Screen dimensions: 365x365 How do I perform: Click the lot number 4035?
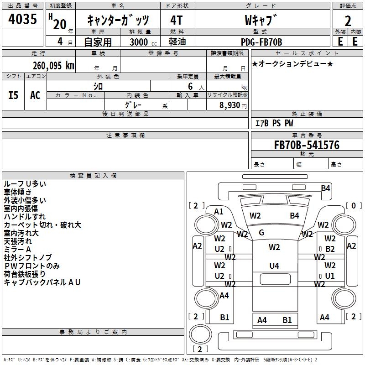[23, 19]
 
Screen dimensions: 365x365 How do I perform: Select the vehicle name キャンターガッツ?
[118, 20]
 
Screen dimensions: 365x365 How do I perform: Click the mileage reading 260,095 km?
[54, 65]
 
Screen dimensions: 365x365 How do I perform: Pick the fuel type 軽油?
[177, 42]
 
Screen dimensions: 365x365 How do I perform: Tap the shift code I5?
[13, 95]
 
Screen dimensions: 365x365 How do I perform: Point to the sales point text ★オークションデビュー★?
[292, 63]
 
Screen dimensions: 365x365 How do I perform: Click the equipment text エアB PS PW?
[274, 124]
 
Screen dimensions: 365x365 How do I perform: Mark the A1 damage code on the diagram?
[219, 211]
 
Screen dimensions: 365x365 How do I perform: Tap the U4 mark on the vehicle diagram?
[274, 266]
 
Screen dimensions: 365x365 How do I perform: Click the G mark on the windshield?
[261, 233]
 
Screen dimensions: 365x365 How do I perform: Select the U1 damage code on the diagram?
[330, 276]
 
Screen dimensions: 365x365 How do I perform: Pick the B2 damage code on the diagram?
[330, 249]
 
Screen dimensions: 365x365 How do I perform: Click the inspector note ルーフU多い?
[25, 184]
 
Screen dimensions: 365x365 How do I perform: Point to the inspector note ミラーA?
[17, 250]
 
